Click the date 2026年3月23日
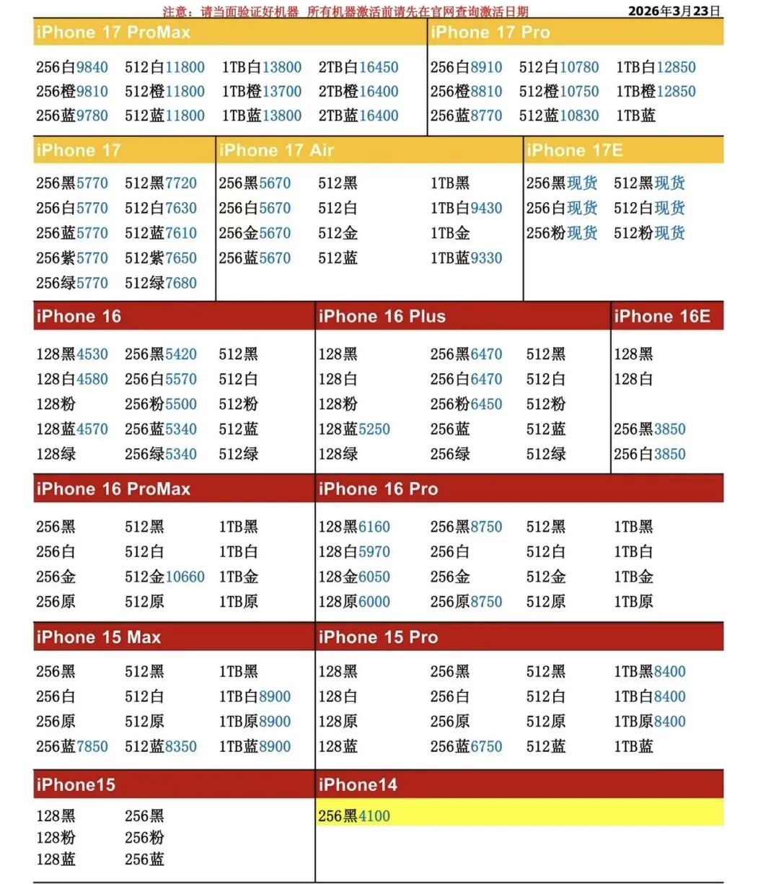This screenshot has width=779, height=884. pyautogui.click(x=674, y=11)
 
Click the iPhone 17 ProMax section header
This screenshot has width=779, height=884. pyautogui.click(x=113, y=32)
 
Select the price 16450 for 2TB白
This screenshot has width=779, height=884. pyautogui.click(x=378, y=67)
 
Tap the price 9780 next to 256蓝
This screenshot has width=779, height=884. pyautogui.click(x=92, y=115)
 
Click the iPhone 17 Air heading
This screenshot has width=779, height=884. pyautogui.click(x=276, y=150)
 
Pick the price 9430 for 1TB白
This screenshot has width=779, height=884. pyautogui.click(x=485, y=208)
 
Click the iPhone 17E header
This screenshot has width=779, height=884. pyautogui.click(x=574, y=150)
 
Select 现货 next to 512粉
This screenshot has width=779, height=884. pyautogui.click(x=669, y=233)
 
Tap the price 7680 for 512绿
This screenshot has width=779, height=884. pyautogui.click(x=180, y=283)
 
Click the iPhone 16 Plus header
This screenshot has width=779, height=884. pyautogui.click(x=382, y=316)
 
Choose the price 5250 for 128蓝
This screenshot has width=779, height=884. pyautogui.click(x=374, y=429)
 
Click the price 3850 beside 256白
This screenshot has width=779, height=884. pyautogui.click(x=669, y=454)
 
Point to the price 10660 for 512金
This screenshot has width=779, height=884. pyautogui.click(x=185, y=577)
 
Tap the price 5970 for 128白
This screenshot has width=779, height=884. pyautogui.click(x=374, y=552)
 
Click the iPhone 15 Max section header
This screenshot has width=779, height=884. pyautogui.click(x=99, y=637)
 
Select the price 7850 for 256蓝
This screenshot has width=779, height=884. pyautogui.click(x=92, y=746)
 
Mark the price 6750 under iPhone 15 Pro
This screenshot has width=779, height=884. pyautogui.click(x=485, y=746)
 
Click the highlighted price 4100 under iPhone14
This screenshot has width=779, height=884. pyautogui.click(x=374, y=816)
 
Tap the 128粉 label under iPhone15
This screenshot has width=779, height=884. pyautogui.click(x=56, y=838)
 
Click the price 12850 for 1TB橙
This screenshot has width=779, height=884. pyautogui.click(x=676, y=92)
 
